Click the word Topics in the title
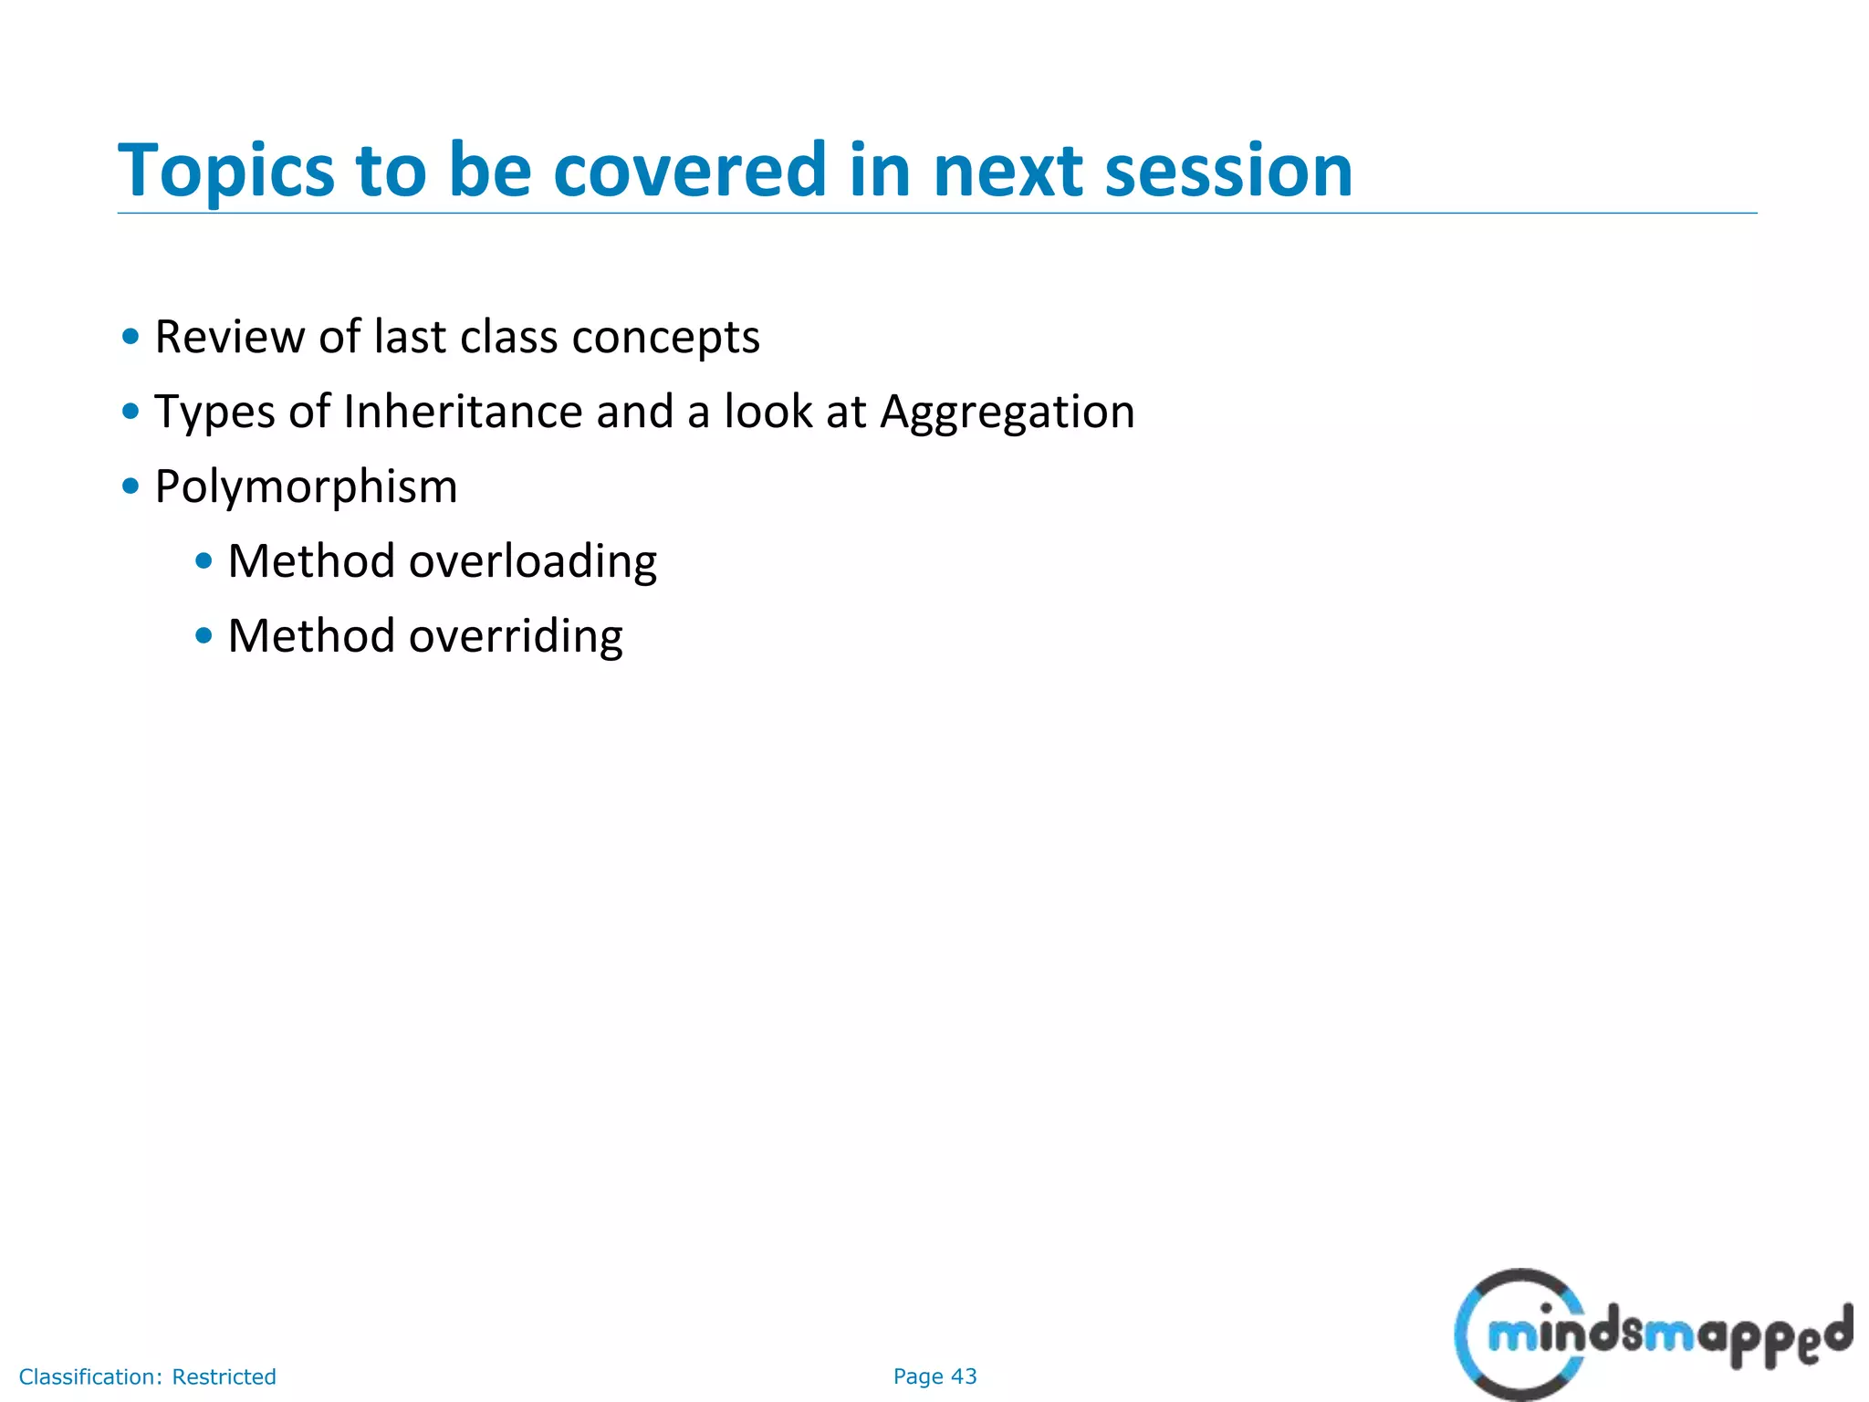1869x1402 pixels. click(x=226, y=172)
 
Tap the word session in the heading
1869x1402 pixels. click(x=1228, y=172)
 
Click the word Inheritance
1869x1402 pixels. click(x=463, y=412)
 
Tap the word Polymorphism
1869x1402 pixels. click(x=306, y=487)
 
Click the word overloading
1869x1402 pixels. click(x=533, y=561)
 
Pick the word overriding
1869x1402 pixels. click(x=516, y=636)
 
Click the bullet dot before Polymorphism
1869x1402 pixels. click(x=131, y=487)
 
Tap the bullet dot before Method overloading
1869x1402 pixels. click(x=204, y=561)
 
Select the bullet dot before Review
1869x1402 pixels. click(x=131, y=337)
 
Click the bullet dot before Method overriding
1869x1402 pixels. click(x=204, y=636)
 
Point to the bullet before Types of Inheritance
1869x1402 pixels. click(x=131, y=412)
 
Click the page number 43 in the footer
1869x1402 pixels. click(x=964, y=1376)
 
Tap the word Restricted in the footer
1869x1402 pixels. click(x=224, y=1376)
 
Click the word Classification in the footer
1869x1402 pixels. click(x=90, y=1376)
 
